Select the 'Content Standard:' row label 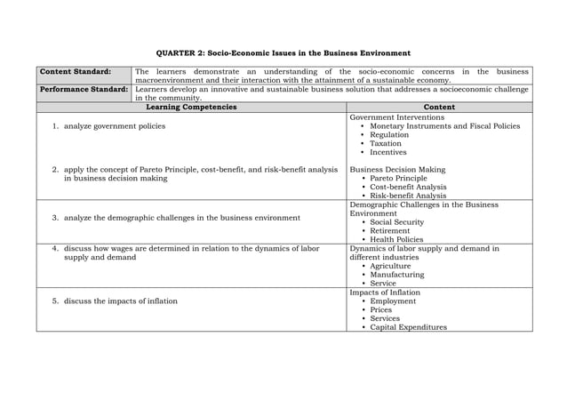[x=75, y=71]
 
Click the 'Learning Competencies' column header [x=191, y=108]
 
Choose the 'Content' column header [x=439, y=108]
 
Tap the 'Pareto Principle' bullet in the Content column [x=398, y=178]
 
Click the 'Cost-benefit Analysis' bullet [x=408, y=187]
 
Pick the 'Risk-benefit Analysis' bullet [x=408, y=196]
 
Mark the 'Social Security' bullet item [x=397, y=222]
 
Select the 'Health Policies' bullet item [x=396, y=239]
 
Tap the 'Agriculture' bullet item [x=390, y=266]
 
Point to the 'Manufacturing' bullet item [x=396, y=275]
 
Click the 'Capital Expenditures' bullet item [x=409, y=327]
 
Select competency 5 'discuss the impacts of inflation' [x=120, y=301]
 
